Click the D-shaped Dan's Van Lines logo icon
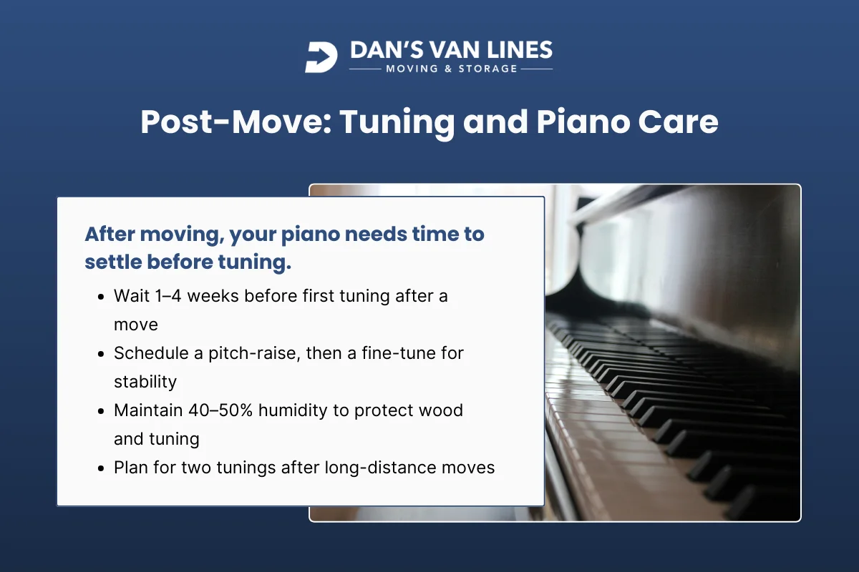[x=321, y=57]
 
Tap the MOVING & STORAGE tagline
[x=451, y=69]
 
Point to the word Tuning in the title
[x=397, y=122]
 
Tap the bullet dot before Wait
[x=101, y=296]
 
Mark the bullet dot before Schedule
[x=101, y=353]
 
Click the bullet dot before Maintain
[x=101, y=410]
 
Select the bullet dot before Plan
[x=101, y=468]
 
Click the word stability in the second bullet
[x=145, y=382]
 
